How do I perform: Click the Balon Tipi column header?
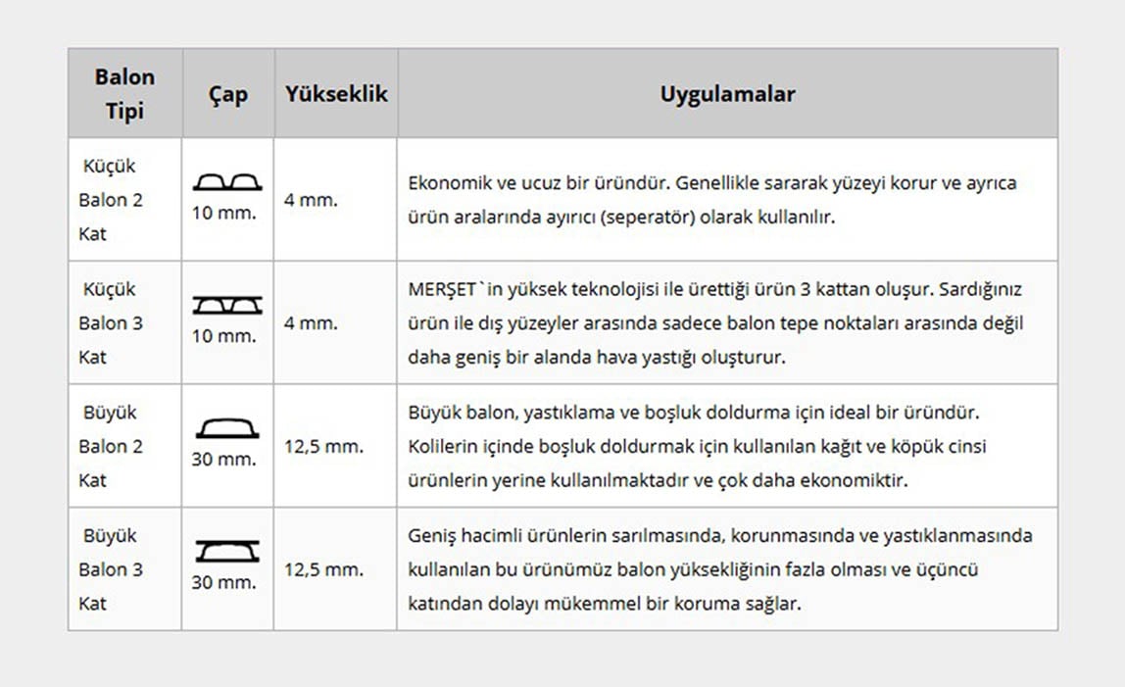point(124,94)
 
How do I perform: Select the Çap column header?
point(227,95)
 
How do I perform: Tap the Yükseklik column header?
point(336,94)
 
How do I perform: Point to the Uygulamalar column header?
point(727,94)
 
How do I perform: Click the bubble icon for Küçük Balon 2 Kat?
point(226,182)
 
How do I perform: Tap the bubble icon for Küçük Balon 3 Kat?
point(226,306)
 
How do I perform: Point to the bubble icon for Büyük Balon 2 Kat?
point(226,428)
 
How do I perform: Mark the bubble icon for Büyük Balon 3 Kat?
point(226,551)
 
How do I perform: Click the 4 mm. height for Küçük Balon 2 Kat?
point(311,200)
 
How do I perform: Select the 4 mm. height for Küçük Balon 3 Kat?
point(311,323)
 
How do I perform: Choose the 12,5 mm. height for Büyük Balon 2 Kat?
point(323,447)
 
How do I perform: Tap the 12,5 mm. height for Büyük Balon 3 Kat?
point(323,569)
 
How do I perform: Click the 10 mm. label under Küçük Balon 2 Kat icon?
point(224,213)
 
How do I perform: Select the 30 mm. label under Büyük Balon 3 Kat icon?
point(224,582)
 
